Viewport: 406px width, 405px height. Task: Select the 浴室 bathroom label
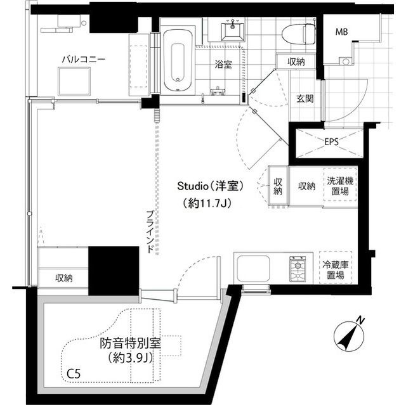pyautogui.click(x=223, y=64)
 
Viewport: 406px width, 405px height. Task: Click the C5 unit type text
pyautogui.click(x=74, y=374)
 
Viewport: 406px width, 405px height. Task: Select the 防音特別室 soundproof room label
pyautogui.click(x=130, y=345)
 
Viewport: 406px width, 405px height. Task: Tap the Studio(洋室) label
pyautogui.click(x=210, y=186)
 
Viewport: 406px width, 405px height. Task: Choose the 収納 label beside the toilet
pyautogui.click(x=296, y=61)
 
